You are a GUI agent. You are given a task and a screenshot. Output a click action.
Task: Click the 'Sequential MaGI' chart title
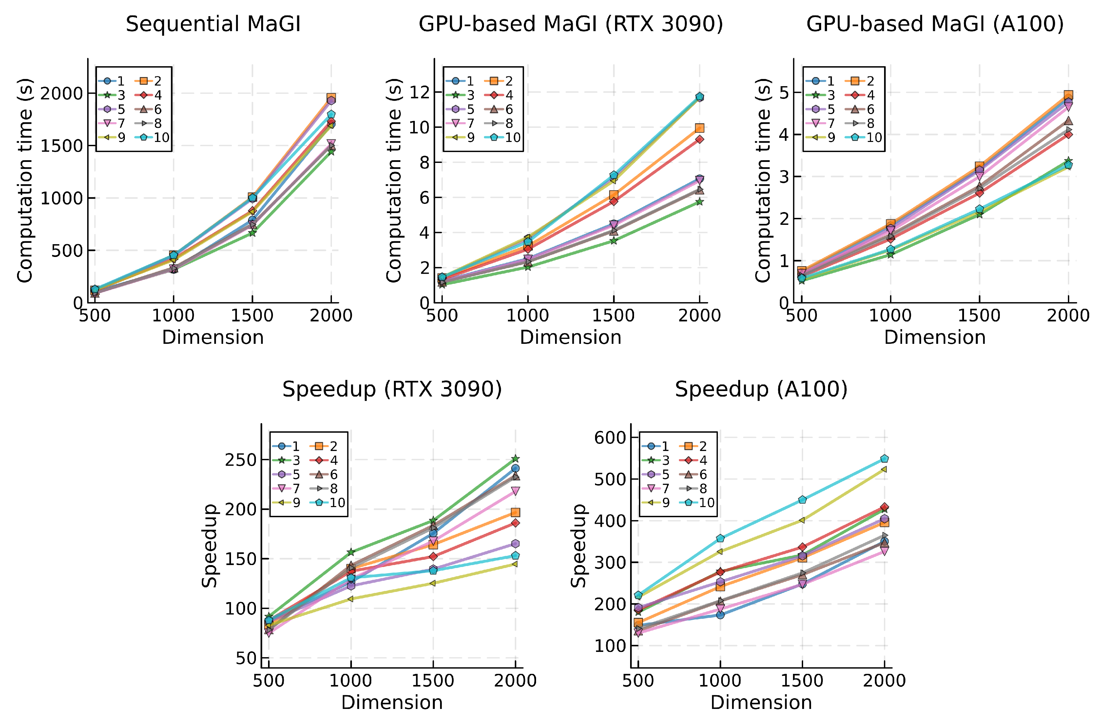(x=213, y=24)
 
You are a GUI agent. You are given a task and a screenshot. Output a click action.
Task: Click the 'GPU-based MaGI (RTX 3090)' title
(x=570, y=24)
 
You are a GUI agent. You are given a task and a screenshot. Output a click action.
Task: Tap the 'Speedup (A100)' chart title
(x=761, y=389)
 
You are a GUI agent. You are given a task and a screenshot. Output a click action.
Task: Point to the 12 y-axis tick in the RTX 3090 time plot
(x=419, y=92)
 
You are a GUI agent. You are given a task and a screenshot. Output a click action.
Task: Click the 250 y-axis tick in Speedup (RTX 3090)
(x=240, y=460)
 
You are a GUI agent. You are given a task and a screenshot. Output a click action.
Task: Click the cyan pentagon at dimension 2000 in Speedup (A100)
(x=884, y=459)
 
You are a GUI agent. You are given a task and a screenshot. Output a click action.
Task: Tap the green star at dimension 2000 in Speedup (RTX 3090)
(x=515, y=459)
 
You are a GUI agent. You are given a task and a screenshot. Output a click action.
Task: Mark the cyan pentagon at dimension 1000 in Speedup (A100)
(x=720, y=538)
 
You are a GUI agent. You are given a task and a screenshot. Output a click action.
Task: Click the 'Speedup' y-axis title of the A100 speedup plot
(x=578, y=546)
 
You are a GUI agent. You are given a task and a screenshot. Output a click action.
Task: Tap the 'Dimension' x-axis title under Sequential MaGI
(x=213, y=338)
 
